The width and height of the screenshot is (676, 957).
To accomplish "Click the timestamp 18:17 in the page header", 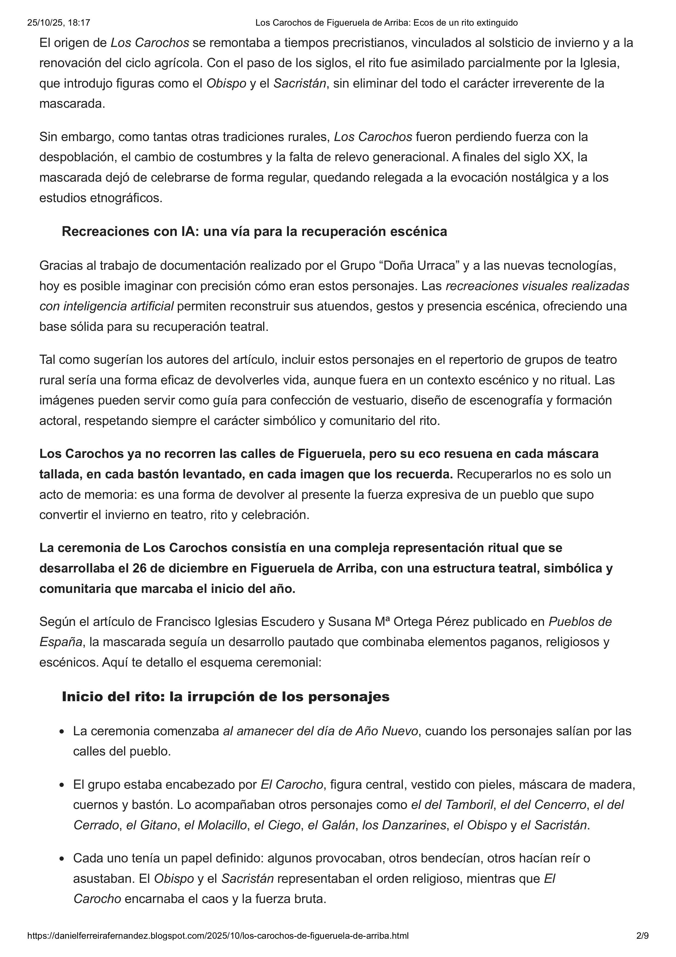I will click(x=81, y=23).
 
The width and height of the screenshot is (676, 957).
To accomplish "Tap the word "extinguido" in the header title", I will click(x=497, y=23).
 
